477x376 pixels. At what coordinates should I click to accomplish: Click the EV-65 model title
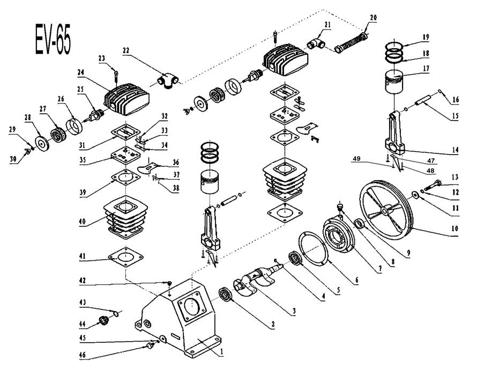pos(54,39)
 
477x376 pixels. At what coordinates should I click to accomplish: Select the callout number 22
pos(125,50)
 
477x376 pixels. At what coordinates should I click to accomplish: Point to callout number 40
pos(82,221)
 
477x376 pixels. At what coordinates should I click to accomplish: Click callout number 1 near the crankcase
pos(222,351)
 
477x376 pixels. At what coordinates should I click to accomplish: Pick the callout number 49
pos(356,159)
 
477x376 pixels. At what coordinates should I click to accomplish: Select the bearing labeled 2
pos(226,294)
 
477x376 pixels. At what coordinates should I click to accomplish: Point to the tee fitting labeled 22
pos(168,80)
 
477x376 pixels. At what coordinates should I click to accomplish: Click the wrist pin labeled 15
pos(423,100)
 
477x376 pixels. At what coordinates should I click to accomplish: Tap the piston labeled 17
pos(394,82)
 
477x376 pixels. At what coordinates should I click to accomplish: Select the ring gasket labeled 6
pos(313,248)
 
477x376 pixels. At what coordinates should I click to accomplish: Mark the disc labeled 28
pos(42,143)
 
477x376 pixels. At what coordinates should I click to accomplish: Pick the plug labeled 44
pos(104,321)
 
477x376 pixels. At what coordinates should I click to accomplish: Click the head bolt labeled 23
pos(116,76)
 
